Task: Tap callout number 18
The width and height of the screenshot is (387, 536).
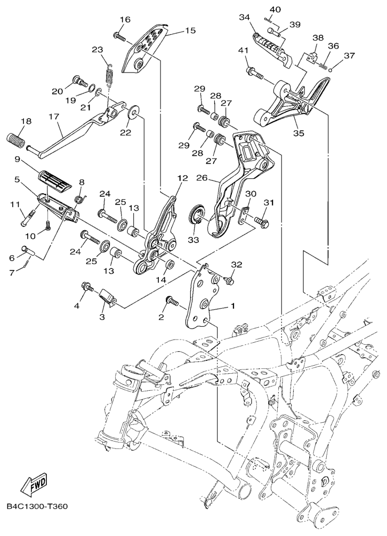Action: coord(26,121)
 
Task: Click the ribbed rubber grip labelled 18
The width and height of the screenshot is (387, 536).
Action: coord(15,140)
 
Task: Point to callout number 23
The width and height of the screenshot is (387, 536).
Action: coord(97,50)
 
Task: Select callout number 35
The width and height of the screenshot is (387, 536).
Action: coord(299,133)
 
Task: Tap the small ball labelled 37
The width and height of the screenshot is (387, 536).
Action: coord(330,70)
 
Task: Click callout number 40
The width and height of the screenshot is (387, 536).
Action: coord(275,9)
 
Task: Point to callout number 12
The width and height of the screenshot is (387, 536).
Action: coord(183,178)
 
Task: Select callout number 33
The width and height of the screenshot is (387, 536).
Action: coord(193,240)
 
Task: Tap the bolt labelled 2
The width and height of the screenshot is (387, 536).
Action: coord(172,301)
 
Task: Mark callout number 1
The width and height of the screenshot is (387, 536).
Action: coord(232,306)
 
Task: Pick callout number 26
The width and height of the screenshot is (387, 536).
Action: coord(203,178)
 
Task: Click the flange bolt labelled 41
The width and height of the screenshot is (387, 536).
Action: coord(254,73)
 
